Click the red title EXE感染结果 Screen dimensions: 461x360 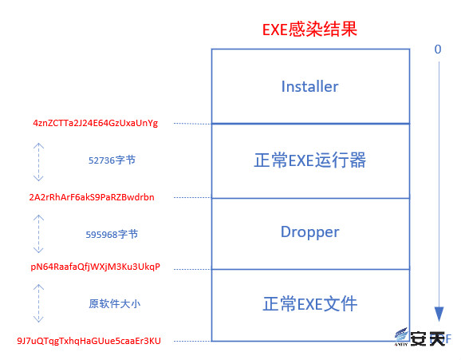(309, 30)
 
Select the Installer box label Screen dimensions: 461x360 (310, 86)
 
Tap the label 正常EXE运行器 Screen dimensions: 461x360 (310, 160)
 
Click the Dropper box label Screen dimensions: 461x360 (310, 232)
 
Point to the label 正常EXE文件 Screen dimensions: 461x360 (310, 304)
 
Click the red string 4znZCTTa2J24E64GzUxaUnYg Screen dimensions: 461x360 (95, 123)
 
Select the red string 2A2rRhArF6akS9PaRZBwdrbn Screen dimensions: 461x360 (92, 197)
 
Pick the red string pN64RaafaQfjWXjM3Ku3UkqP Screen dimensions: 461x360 (95, 267)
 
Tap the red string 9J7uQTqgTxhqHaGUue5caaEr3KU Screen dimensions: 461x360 (89, 341)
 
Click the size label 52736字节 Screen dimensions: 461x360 (112, 160)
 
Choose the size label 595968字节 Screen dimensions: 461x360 (112, 235)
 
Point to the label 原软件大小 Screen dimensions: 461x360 (115, 304)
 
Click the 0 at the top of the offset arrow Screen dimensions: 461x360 (438, 49)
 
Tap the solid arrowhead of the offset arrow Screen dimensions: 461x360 (439, 314)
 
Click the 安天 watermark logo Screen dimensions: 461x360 (420, 338)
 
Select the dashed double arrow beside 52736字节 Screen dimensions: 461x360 (38, 162)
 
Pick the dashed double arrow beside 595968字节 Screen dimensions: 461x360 (38, 234)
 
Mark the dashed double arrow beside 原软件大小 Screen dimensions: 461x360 (38, 303)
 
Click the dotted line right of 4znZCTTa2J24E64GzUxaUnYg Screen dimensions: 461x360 (192, 124)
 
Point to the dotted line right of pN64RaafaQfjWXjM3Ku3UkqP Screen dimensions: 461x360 (192, 269)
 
